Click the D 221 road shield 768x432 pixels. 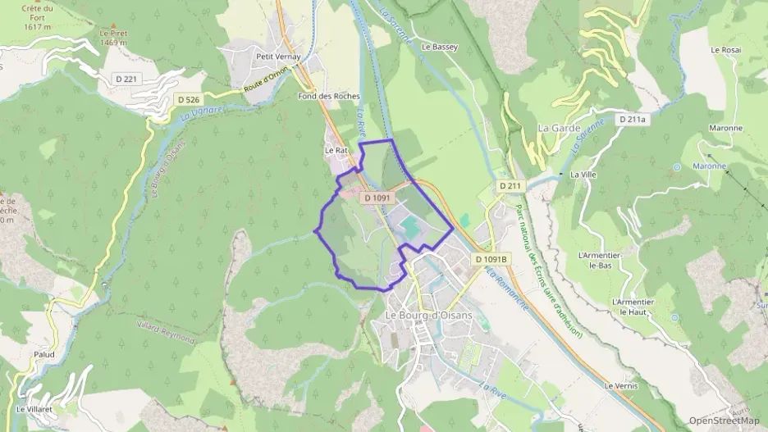[126, 79]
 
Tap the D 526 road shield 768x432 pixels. [188, 99]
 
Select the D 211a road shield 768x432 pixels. [633, 119]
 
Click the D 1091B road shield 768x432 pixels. [491, 259]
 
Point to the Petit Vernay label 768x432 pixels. [278, 57]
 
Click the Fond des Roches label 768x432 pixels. [328, 96]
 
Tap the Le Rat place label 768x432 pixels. [336, 151]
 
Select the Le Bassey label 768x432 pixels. [438, 47]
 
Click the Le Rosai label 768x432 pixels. [726, 50]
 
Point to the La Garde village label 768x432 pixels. [559, 129]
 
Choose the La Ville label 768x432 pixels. [583, 175]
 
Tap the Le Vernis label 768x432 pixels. [620, 385]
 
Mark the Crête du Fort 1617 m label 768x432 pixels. [37, 18]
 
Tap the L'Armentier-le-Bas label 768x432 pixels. [596, 259]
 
